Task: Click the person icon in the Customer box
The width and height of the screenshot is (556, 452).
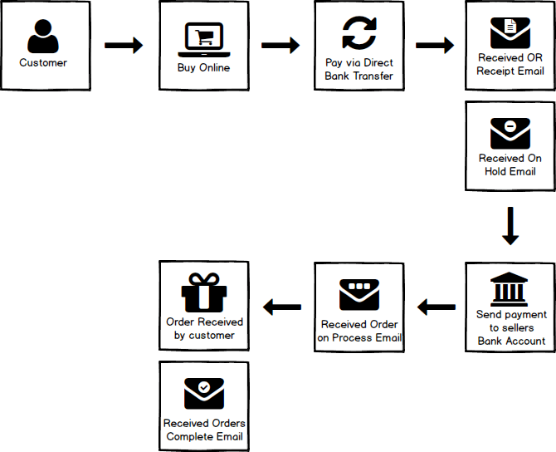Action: click(x=43, y=36)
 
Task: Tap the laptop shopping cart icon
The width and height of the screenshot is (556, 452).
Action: click(x=203, y=38)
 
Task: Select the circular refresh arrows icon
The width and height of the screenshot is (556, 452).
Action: click(x=359, y=33)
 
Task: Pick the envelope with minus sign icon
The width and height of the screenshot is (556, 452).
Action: click(x=510, y=133)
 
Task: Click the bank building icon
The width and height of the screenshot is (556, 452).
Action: click(x=511, y=288)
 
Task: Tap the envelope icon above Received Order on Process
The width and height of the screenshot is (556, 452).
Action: click(x=359, y=295)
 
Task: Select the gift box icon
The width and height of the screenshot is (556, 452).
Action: click(x=204, y=292)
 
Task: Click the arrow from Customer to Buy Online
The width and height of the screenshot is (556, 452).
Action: click(x=124, y=46)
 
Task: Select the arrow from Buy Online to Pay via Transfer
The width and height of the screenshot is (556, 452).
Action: click(x=280, y=46)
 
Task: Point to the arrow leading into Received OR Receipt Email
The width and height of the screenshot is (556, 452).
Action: click(x=435, y=46)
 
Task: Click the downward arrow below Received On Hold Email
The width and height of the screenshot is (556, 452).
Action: click(x=511, y=227)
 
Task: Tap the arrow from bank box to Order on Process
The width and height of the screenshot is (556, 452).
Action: click(x=437, y=308)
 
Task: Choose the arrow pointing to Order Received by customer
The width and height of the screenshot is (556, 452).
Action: click(x=282, y=308)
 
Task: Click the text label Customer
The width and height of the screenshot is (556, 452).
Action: click(x=43, y=62)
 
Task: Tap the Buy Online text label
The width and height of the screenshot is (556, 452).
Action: click(x=203, y=67)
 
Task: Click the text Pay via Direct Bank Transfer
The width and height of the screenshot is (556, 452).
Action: click(x=359, y=69)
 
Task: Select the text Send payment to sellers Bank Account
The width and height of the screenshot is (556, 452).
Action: click(x=511, y=327)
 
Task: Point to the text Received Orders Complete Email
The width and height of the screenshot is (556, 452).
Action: click(x=204, y=430)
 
